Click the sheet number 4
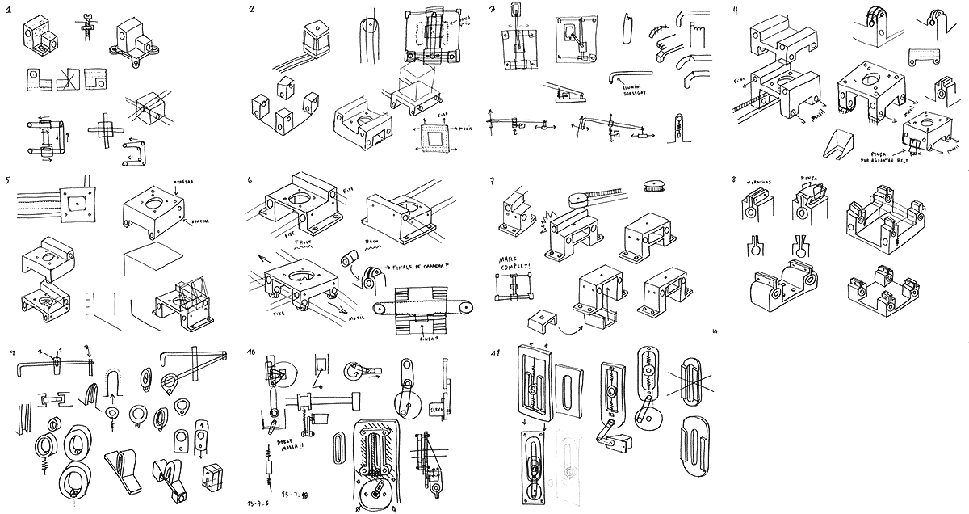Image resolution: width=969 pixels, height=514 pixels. [735, 11]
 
